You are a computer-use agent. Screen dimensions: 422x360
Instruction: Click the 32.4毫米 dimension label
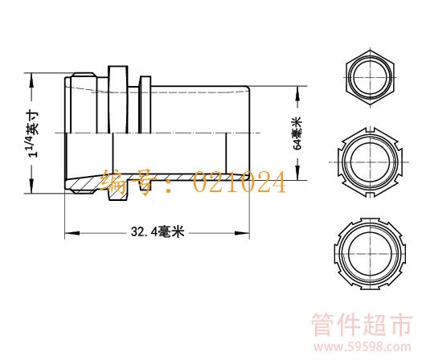[x=158, y=231]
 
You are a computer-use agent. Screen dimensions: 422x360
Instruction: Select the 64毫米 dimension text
[x=298, y=133]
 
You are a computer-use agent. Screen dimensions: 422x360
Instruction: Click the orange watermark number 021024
[x=240, y=182]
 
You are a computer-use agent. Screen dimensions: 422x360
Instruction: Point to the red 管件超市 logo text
[x=362, y=325]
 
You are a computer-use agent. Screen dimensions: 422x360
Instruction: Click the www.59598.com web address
[x=362, y=347]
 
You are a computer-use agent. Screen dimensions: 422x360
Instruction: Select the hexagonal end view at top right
[x=370, y=78]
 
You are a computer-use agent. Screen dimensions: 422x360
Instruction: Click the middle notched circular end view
[x=370, y=162]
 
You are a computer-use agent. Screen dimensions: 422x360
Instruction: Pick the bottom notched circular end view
[x=370, y=253]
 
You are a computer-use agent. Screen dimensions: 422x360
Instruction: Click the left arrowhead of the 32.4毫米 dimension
[x=72, y=233]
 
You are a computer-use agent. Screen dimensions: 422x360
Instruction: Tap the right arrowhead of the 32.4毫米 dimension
[x=242, y=233]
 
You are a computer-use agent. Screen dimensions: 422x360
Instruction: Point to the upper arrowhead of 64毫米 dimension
[x=297, y=93]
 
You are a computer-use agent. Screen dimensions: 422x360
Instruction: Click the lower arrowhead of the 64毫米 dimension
[x=297, y=173]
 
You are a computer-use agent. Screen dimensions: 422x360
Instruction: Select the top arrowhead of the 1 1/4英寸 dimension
[x=32, y=80]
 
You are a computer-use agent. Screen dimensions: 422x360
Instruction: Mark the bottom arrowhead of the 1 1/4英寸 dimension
[x=32, y=186]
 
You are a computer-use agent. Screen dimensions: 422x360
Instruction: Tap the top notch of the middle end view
[x=370, y=129]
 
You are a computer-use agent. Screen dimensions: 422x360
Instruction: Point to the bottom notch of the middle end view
[x=370, y=195]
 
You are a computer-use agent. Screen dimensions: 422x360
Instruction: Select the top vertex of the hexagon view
[x=370, y=51]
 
